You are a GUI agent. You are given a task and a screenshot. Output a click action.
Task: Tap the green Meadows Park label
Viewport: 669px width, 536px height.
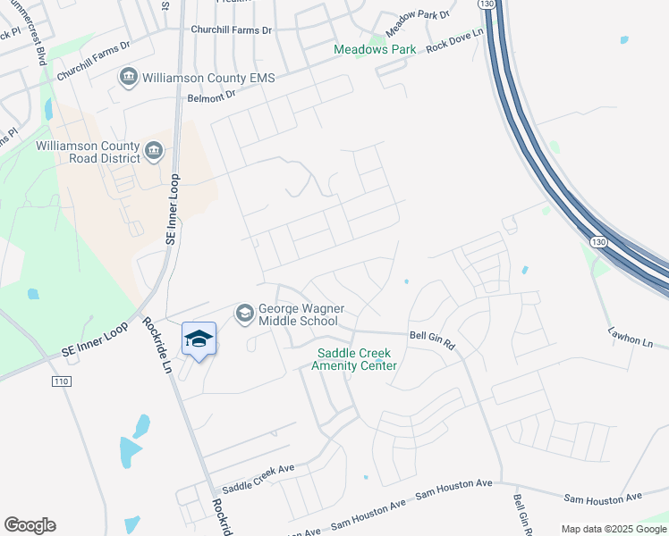[375, 50]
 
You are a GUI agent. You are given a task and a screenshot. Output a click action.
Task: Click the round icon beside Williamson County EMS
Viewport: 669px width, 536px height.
[128, 78]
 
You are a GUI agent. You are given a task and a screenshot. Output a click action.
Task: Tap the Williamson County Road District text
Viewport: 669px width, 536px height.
[88, 152]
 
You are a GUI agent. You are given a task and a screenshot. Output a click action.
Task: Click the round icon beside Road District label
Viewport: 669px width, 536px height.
[155, 150]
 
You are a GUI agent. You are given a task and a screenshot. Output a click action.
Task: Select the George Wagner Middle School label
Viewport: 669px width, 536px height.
[298, 314]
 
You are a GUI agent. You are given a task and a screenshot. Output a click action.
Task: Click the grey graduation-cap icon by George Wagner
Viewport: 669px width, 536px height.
[244, 314]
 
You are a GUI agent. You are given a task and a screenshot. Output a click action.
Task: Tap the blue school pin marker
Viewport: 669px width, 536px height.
[199, 339]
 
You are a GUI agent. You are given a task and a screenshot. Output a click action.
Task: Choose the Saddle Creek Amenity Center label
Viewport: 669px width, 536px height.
[355, 359]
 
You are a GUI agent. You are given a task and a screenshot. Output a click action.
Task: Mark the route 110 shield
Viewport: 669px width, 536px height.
[61, 381]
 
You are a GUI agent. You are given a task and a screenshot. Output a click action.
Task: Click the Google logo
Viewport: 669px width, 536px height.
[30, 525]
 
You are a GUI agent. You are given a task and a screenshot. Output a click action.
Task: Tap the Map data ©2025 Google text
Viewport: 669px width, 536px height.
[614, 528]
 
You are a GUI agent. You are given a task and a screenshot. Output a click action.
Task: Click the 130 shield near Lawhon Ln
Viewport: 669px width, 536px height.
[597, 242]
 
